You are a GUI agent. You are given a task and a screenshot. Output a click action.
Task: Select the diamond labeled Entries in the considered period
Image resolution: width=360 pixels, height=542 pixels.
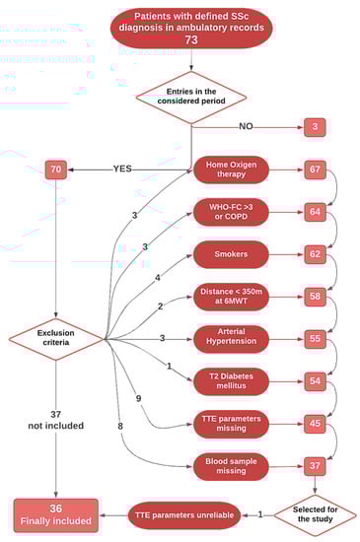coord(190,97)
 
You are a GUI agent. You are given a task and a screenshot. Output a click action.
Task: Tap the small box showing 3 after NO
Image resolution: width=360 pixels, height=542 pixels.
coord(316,126)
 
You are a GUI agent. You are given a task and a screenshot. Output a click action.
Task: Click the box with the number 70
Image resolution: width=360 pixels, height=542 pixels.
coord(55,169)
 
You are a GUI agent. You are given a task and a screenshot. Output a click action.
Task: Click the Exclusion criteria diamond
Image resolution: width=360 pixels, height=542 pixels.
coord(56,339)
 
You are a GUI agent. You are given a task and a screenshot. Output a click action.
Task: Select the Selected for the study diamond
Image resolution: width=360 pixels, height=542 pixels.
coord(315,514)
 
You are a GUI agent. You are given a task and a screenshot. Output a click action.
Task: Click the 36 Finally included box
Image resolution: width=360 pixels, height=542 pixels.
coord(55,513)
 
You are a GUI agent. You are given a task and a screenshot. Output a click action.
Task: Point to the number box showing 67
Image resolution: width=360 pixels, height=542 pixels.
coord(316,169)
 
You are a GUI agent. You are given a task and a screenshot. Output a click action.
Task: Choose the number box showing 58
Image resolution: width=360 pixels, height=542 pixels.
coord(316,296)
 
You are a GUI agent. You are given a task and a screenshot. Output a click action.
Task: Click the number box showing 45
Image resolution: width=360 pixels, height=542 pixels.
coord(316,423)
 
